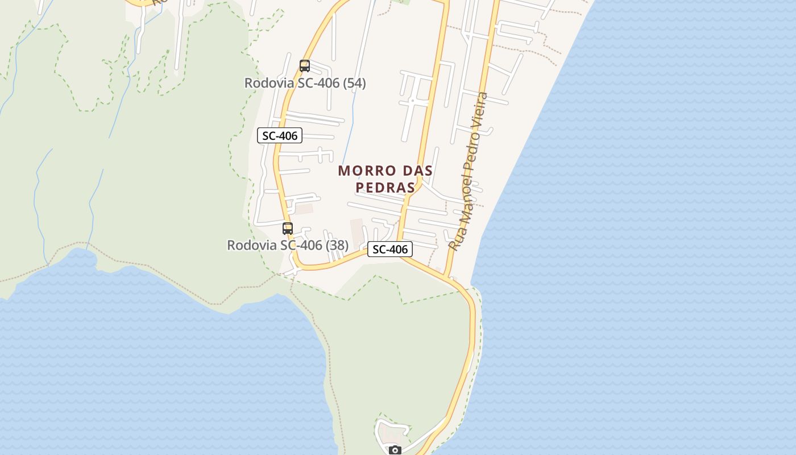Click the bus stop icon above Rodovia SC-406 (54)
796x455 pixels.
click(305, 66)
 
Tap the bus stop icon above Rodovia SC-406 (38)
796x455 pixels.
click(288, 229)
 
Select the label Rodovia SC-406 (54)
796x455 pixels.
click(305, 83)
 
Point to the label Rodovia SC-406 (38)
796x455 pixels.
click(288, 245)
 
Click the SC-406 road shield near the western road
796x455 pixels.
click(280, 136)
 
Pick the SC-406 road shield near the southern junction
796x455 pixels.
click(390, 249)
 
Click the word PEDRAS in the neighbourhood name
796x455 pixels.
click(385, 188)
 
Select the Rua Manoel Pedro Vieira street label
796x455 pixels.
click(469, 171)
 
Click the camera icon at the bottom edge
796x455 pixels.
click(395, 450)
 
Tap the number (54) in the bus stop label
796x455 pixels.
click(354, 83)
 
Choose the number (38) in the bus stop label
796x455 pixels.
click(337, 245)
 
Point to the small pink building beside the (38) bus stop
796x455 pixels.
click(304, 209)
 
